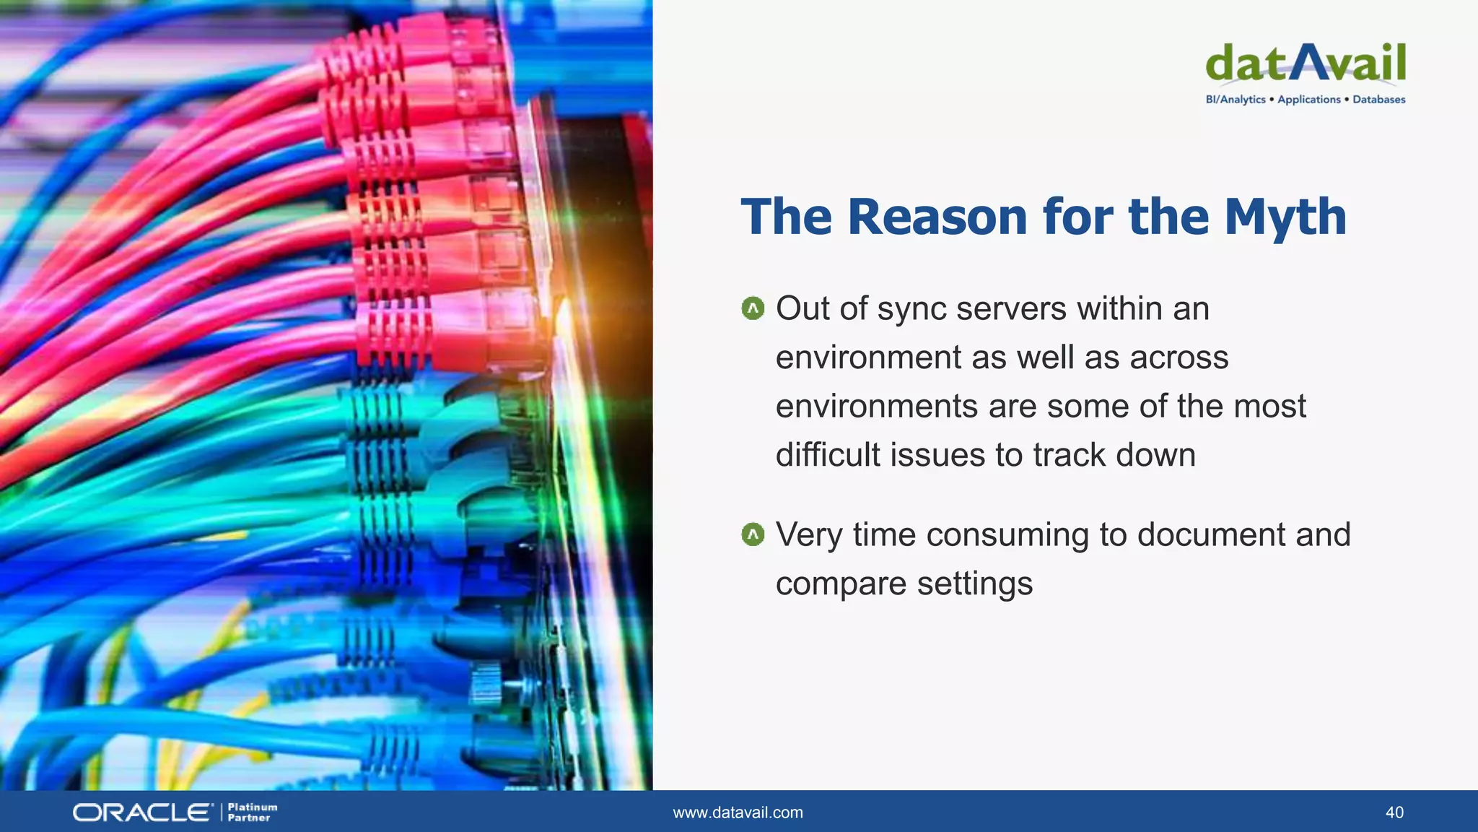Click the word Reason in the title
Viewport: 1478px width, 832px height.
tap(937, 217)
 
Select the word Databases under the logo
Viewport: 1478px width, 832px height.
tap(1378, 100)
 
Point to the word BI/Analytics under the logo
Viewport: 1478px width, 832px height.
tap(1235, 100)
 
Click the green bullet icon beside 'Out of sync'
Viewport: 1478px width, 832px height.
tap(753, 309)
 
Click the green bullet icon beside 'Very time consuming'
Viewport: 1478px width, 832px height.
tap(753, 535)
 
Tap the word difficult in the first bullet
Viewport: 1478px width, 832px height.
tap(828, 455)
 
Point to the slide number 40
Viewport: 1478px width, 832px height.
tap(1394, 812)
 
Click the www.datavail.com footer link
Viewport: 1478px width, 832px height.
tap(738, 812)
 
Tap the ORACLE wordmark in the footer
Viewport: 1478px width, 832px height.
tap(142, 812)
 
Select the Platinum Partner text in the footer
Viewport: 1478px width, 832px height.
tap(252, 812)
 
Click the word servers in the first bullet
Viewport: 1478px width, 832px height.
tap(1011, 310)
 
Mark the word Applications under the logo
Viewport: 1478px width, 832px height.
tap(1308, 100)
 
